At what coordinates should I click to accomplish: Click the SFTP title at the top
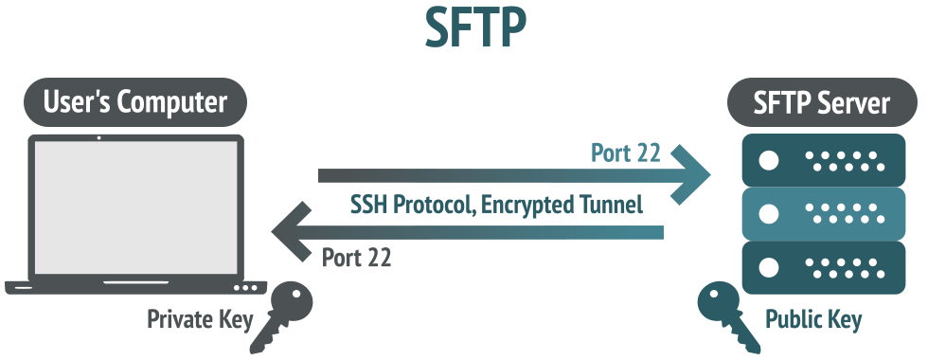click(x=475, y=27)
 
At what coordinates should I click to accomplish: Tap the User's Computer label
click(x=134, y=102)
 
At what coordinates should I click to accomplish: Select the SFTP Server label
click(x=822, y=102)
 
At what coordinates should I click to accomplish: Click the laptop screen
click(x=136, y=207)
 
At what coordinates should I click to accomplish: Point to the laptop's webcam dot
click(x=98, y=138)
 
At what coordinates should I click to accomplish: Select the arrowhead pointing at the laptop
click(x=292, y=231)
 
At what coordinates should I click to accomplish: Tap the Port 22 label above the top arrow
click(x=626, y=153)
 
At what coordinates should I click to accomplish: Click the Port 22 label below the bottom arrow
click(x=356, y=258)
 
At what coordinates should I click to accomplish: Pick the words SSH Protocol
click(x=413, y=205)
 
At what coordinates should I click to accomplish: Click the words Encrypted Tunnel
click(x=562, y=205)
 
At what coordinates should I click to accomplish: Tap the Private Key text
click(x=200, y=319)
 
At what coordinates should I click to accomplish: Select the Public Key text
click(x=813, y=319)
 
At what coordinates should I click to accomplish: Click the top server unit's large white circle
click(x=768, y=160)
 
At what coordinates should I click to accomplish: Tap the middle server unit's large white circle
click(x=768, y=214)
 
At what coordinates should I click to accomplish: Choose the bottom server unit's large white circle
click(x=768, y=267)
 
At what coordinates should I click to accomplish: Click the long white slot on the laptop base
click(x=136, y=282)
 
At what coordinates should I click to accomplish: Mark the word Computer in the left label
click(x=172, y=102)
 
